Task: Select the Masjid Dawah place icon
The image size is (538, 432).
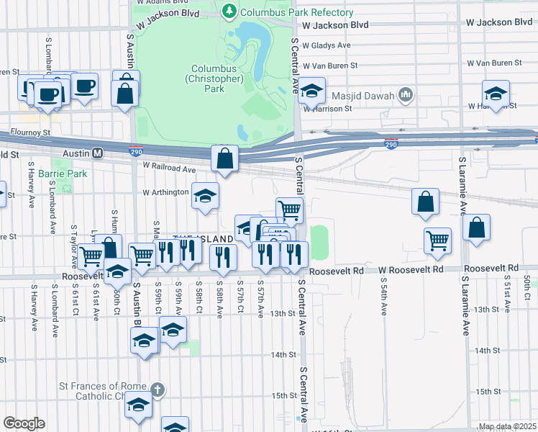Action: [406, 95]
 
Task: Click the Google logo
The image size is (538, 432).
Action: [24, 423]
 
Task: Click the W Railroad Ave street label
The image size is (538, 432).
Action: [169, 168]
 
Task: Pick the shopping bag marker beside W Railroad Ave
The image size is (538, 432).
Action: [224, 159]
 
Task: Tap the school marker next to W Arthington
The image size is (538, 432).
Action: [205, 197]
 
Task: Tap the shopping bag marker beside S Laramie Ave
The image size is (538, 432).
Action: [476, 228]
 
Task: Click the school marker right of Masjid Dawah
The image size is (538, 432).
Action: [496, 94]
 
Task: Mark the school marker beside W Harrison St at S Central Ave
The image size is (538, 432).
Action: [311, 91]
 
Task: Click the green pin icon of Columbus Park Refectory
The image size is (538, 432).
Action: [229, 12]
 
